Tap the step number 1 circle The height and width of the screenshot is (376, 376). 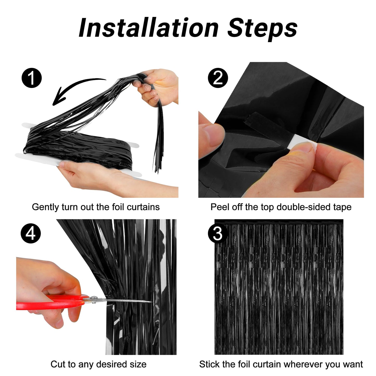pos(31,78)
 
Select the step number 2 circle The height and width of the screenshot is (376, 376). pos(218,78)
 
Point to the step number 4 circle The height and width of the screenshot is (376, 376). pos(31,233)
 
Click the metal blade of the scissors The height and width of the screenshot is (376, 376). pos(125,301)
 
